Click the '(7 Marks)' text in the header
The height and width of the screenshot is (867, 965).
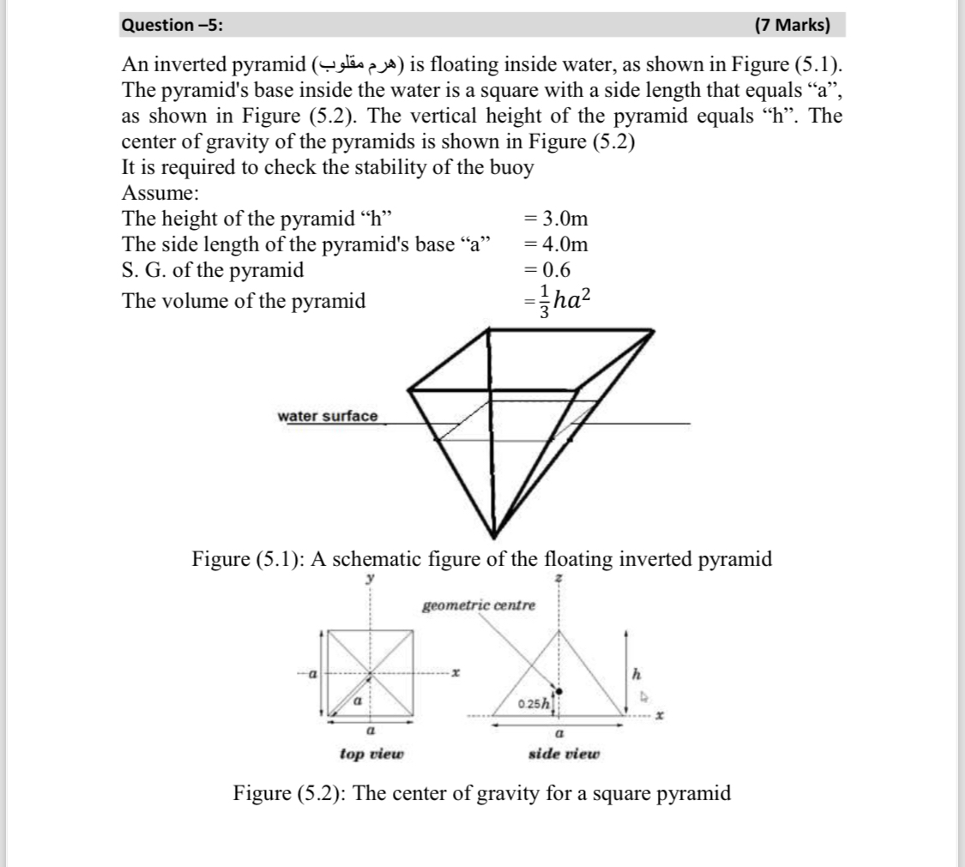[792, 25]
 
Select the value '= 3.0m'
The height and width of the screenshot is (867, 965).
[556, 219]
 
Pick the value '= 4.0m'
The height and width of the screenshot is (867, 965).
[556, 244]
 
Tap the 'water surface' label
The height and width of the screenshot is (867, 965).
[327, 416]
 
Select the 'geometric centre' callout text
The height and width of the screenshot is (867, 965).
[479, 605]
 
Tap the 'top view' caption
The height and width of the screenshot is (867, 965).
[371, 754]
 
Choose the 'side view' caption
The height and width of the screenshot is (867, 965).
[564, 754]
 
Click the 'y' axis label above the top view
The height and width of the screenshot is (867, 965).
[371, 579]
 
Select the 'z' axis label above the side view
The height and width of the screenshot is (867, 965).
[559, 580]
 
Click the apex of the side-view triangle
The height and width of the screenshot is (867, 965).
[559, 629]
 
